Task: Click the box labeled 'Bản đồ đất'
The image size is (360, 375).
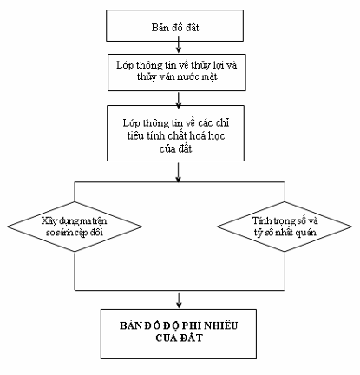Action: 174,25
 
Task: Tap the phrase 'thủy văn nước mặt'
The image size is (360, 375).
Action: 177,76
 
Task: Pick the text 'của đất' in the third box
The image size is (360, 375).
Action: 175,148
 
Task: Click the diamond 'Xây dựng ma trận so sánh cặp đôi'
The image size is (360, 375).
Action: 75,227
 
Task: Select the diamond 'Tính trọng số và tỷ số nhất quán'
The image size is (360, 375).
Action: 285,227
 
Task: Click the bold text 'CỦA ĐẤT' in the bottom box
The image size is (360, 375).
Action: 179,338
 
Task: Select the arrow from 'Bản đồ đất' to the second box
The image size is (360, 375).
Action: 179,47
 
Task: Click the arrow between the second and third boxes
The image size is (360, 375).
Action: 179,100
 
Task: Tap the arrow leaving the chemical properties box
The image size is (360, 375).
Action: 179,173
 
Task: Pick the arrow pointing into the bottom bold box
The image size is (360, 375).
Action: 179,300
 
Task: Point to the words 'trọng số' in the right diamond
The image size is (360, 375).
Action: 285,221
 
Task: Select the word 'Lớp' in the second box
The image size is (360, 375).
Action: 125,65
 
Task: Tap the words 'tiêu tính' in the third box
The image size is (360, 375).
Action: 147,135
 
